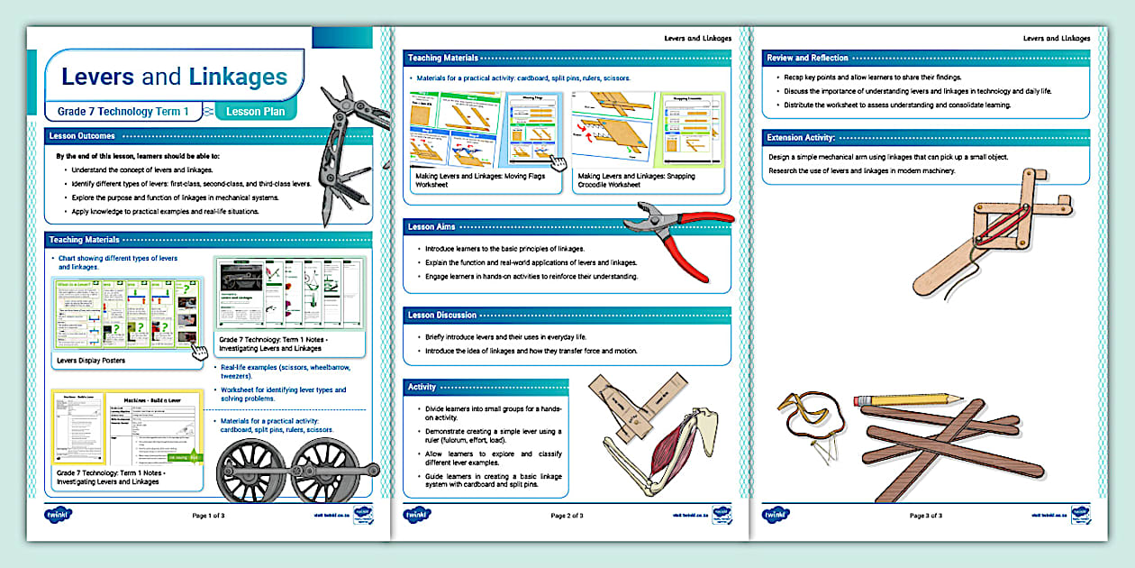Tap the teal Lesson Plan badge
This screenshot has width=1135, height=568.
255,112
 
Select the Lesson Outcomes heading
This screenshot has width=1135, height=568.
83,136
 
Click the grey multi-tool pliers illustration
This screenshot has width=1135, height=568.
343,153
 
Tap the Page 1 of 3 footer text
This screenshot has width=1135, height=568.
209,516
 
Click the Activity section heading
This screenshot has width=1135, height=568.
422,387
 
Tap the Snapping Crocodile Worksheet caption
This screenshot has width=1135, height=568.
636,181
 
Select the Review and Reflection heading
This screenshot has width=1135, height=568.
807,58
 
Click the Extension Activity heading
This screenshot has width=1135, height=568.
801,138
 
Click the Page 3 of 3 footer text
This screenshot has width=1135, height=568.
926,516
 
